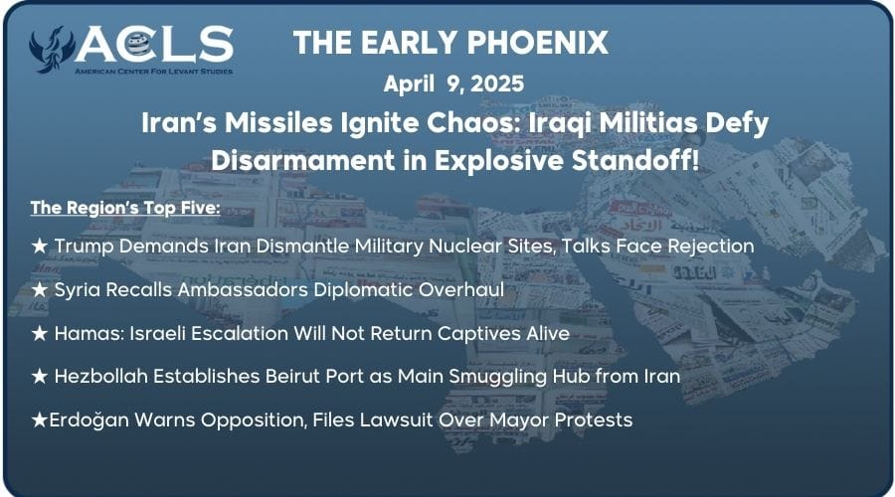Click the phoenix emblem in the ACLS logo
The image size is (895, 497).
[x=52, y=51]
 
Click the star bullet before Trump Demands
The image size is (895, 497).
[x=40, y=245]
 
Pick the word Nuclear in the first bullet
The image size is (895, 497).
[x=466, y=245]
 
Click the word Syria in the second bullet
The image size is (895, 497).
[x=80, y=288]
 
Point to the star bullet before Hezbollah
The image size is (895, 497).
[x=40, y=376]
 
